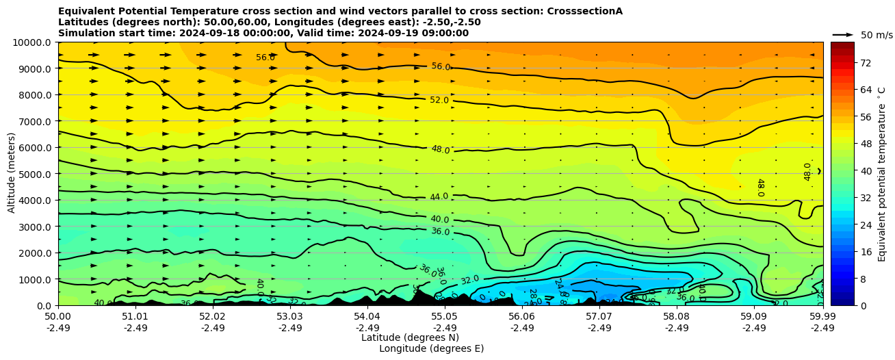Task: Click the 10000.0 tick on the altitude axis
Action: pos(32,42)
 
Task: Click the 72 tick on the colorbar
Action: pos(865,63)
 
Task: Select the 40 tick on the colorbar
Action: pos(865,171)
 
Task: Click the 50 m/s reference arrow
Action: pos(843,34)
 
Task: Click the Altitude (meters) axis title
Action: pos(12,174)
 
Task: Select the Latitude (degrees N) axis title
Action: pos(410,337)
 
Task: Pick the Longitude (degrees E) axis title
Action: pos(431,348)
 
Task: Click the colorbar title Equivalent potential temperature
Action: pos(882,174)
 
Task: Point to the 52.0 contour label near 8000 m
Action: pos(439,100)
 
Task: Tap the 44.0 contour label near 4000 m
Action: pos(439,196)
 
